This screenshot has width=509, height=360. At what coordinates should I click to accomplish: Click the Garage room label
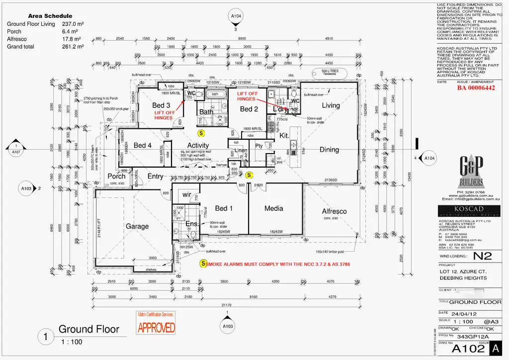(137, 226)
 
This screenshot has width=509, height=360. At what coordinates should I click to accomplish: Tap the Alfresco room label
(334, 211)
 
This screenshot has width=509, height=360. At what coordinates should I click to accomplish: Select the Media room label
(273, 208)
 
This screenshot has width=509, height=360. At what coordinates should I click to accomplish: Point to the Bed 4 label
(143, 145)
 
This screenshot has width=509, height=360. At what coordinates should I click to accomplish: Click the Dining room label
(329, 149)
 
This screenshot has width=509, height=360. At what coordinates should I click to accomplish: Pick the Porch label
(117, 176)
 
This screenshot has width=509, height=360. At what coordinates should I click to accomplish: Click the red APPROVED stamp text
(156, 327)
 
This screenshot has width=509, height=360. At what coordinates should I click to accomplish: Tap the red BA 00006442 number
(476, 88)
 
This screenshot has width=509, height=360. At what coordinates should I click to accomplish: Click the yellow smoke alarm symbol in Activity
(201, 133)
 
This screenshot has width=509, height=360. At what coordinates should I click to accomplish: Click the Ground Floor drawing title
(89, 329)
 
